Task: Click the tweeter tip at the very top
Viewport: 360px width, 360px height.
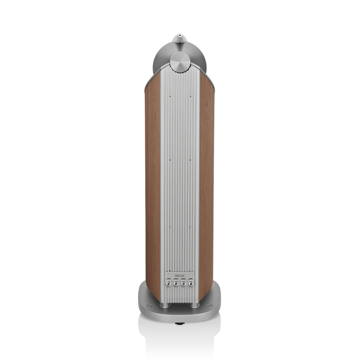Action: pos(180,34)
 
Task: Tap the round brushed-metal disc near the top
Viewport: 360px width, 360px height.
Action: pos(180,62)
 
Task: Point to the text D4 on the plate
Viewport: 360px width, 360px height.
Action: pos(183,275)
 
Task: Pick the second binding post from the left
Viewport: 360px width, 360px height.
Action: pos(176,284)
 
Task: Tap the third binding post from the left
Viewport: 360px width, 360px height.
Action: pos(184,284)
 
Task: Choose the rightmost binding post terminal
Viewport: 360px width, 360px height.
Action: pos(191,284)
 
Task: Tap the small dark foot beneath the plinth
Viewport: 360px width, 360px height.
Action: pos(180,323)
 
